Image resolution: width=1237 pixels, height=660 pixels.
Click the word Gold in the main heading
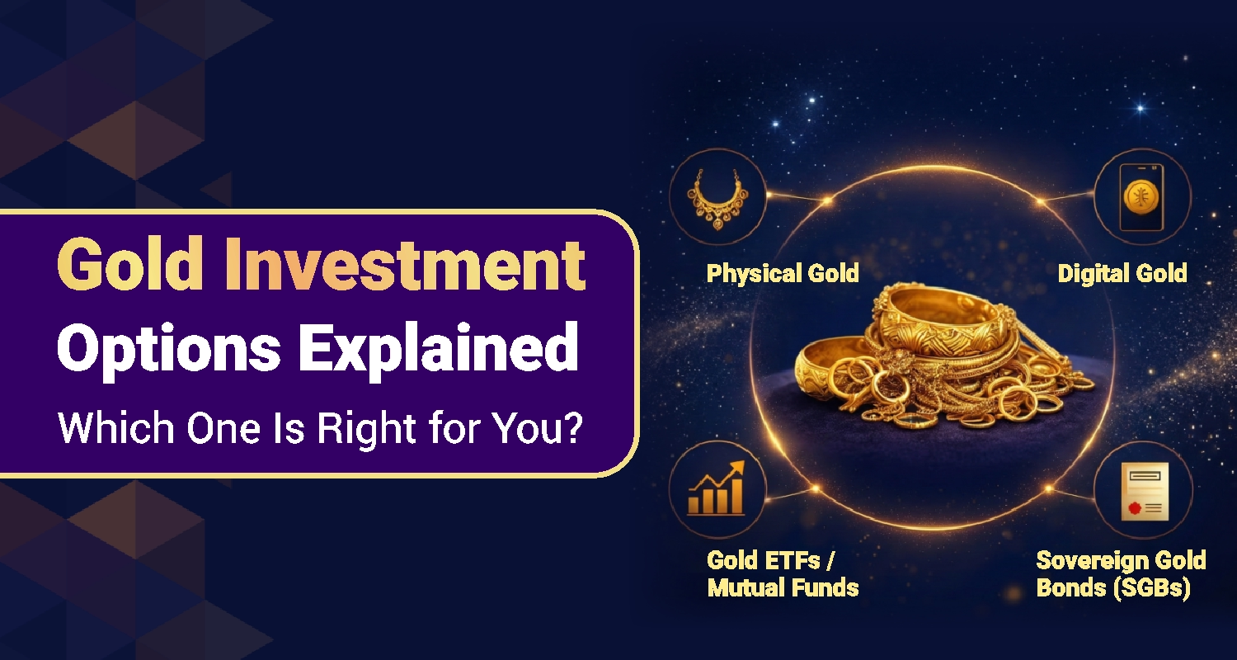(x=129, y=264)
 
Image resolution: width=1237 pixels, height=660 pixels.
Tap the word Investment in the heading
(x=405, y=264)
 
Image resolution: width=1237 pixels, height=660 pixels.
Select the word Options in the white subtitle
(x=168, y=350)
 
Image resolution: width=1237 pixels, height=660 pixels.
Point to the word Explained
(x=439, y=350)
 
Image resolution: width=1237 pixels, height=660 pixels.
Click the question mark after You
(x=574, y=427)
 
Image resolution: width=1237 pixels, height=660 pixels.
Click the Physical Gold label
(x=783, y=273)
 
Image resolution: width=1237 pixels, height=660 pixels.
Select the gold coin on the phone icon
(x=1141, y=197)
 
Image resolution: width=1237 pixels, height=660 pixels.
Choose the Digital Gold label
(x=1122, y=273)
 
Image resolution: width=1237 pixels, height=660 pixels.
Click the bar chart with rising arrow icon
(x=717, y=488)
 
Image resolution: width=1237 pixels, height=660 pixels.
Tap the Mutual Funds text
(x=783, y=587)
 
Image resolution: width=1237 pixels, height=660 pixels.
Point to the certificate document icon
(x=1145, y=491)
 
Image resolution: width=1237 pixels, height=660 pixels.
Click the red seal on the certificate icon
(x=1134, y=507)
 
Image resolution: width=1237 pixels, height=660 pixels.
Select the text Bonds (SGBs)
(x=1113, y=588)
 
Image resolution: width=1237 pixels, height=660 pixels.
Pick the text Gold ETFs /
(x=770, y=560)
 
